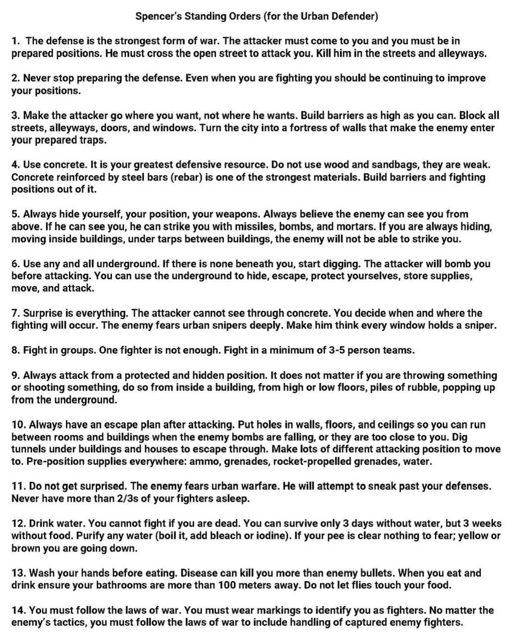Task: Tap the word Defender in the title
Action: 354,16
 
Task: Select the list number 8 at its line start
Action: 15,350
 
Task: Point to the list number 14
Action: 17,610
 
